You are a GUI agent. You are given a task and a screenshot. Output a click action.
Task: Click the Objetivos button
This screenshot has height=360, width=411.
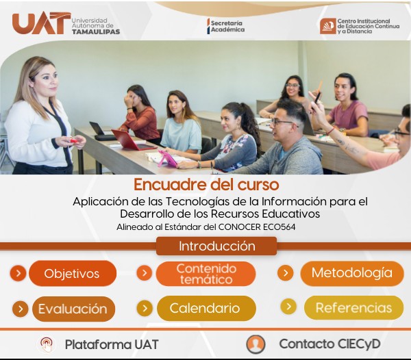[x=72, y=274]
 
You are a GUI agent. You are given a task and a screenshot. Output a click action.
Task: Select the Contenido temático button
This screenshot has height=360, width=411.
[x=206, y=274]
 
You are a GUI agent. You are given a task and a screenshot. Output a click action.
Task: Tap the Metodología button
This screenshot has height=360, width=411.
[x=352, y=273]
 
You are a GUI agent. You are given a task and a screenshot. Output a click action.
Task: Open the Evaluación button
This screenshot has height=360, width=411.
[x=73, y=309]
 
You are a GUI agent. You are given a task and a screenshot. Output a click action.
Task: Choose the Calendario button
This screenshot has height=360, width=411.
[x=205, y=309]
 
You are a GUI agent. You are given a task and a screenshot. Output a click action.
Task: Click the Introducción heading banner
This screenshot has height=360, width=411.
[x=216, y=246]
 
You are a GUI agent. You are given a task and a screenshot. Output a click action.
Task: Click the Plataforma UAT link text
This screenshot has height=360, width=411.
[x=112, y=344]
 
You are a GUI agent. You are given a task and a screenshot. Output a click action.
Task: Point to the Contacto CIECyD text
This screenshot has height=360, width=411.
[x=329, y=344]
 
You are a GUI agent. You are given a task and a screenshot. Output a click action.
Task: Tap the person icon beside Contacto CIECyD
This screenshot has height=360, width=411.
[x=256, y=344]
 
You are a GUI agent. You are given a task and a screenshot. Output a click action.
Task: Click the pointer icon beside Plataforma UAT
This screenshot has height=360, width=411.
[x=46, y=344]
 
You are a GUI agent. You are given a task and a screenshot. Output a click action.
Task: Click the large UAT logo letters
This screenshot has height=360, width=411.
[x=40, y=23]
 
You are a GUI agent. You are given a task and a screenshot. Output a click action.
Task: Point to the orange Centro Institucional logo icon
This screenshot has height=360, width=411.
[x=328, y=26]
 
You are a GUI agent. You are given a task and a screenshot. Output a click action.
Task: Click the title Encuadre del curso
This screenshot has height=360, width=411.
[x=206, y=185]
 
